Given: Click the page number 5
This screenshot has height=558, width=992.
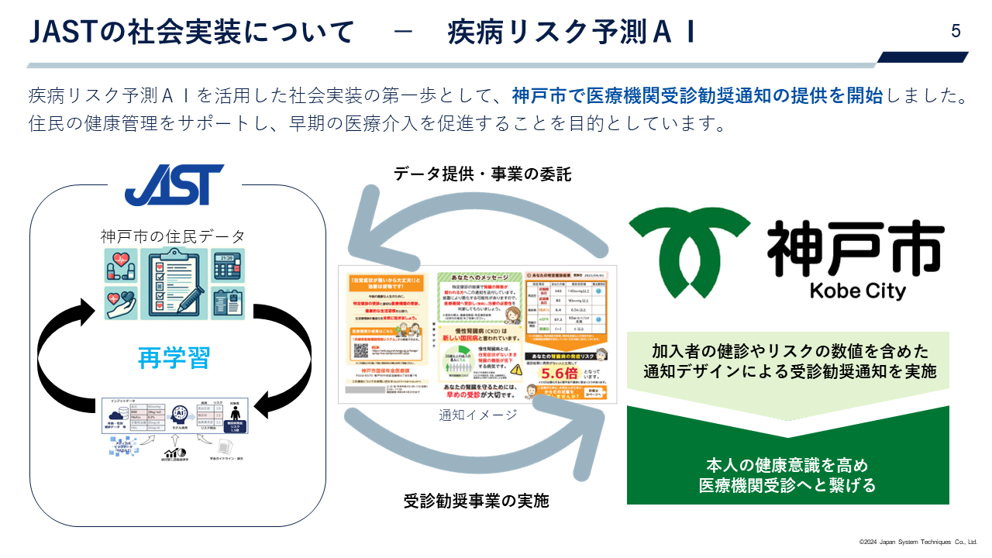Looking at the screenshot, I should (956, 31).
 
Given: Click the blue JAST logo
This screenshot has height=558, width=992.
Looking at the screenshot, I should (174, 184).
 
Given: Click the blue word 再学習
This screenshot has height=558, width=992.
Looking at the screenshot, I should (174, 358).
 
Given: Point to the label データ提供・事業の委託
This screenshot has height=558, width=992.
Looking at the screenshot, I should (482, 174).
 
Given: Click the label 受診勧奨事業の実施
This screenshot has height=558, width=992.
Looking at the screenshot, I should (476, 501).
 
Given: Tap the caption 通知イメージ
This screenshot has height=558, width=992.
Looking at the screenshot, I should (477, 415).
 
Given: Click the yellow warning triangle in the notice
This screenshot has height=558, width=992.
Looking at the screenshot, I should (517, 370).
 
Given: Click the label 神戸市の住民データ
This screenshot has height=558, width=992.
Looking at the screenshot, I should (172, 236).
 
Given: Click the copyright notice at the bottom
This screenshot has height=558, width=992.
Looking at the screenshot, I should (918, 542).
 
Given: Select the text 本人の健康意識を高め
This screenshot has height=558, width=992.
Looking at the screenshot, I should (787, 466).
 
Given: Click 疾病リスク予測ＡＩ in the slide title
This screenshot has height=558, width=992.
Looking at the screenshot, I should (571, 33).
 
